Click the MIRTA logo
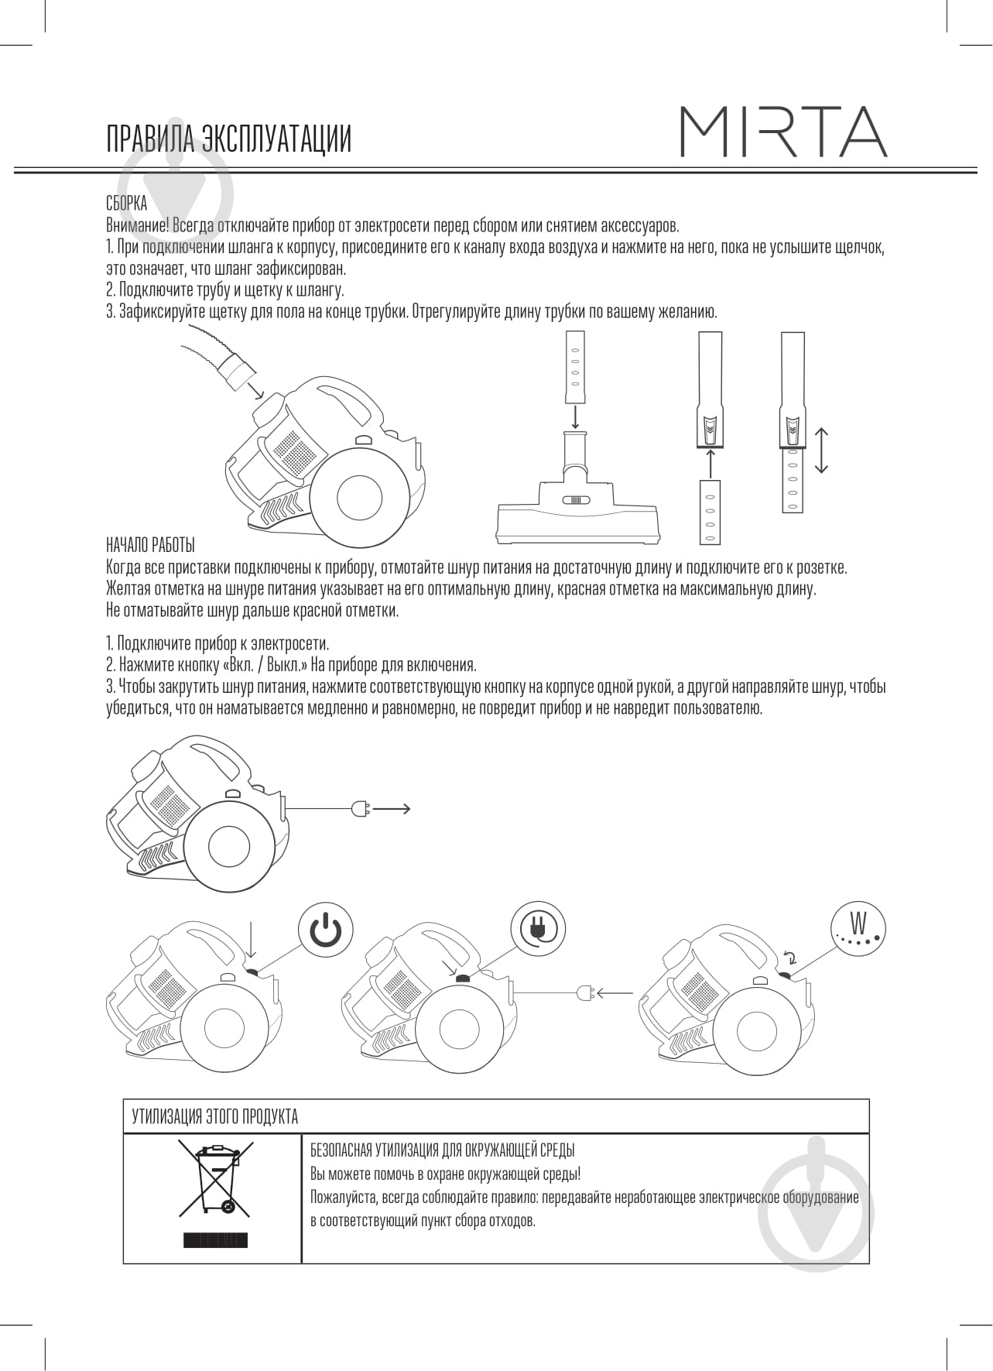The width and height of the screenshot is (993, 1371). (x=782, y=132)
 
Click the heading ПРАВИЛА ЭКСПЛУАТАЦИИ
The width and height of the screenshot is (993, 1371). (x=229, y=139)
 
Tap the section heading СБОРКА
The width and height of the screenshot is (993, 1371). (x=126, y=204)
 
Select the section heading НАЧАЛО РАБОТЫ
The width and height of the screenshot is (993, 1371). (x=150, y=544)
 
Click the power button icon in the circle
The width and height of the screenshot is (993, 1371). (x=326, y=927)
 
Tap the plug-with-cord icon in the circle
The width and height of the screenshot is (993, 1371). (x=538, y=927)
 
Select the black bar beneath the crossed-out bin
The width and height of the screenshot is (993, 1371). (x=215, y=1240)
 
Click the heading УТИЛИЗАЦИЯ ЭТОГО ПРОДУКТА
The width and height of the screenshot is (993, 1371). (x=215, y=1116)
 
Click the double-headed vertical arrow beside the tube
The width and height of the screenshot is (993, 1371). (x=822, y=450)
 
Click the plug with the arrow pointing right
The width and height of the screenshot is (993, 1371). (x=361, y=808)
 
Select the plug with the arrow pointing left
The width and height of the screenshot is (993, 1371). (x=585, y=992)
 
